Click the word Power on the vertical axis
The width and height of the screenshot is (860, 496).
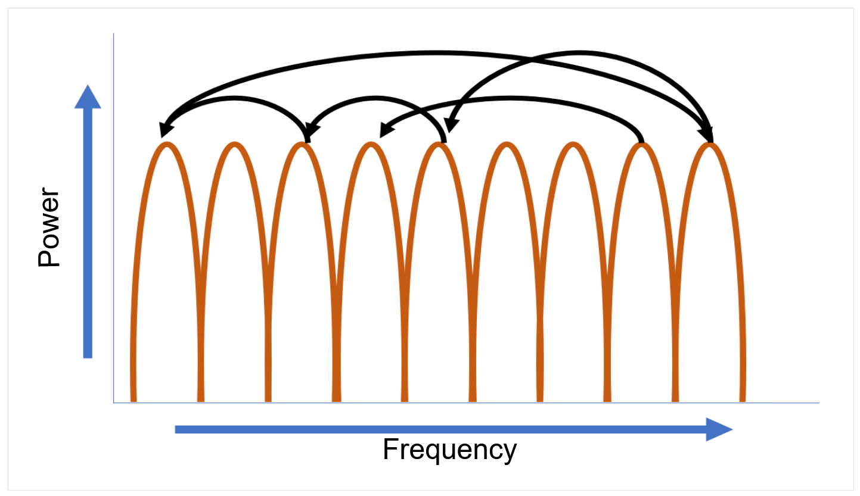coord(49,229)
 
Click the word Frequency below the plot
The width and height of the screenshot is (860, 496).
coord(449,450)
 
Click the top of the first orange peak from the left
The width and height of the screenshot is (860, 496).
coord(167,145)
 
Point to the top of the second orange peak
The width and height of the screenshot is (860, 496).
coord(235,145)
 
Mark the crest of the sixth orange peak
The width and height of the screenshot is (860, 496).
coord(506,145)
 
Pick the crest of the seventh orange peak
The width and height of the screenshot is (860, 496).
coord(573,145)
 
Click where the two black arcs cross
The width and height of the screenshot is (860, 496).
coord(530,60)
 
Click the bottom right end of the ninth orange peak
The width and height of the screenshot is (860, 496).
coord(743,399)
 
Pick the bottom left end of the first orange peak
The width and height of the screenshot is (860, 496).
coord(133,399)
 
